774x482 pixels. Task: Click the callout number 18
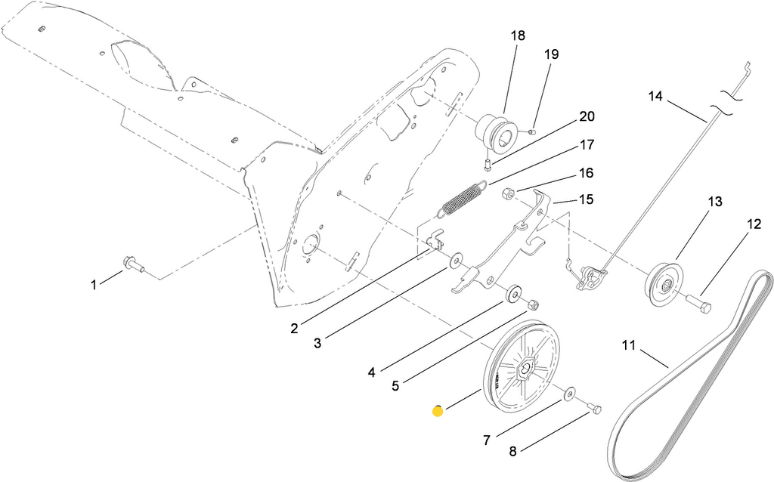pos(517,36)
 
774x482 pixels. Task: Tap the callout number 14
pos(655,96)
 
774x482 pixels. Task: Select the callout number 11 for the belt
pos(629,347)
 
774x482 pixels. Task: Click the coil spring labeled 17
pos(463,199)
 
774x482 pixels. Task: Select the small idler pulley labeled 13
pos(662,284)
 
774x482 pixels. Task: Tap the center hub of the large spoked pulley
pos(522,369)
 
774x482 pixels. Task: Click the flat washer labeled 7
pos(568,392)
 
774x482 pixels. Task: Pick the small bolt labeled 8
pos(594,409)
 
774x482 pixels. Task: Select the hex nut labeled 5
pos(531,304)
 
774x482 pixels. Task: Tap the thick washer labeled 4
pos(514,292)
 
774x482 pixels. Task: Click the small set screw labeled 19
pos(531,131)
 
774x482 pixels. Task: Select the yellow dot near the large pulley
pos(438,411)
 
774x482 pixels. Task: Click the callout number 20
pos(587,117)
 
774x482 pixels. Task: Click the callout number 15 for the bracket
pos(586,199)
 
